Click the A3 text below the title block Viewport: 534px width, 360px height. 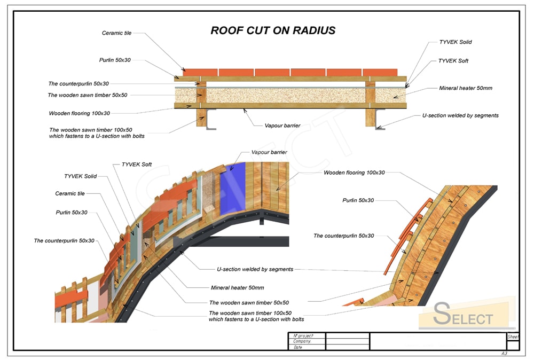pos(504,353)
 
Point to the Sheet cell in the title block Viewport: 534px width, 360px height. pos(513,337)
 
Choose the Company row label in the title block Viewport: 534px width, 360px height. pos(302,341)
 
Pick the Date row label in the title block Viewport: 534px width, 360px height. pos(297,347)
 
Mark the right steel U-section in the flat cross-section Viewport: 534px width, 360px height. pos(379,119)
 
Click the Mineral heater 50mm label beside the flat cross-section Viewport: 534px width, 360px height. pos(465,88)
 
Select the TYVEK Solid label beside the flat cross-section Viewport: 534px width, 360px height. pos(455,42)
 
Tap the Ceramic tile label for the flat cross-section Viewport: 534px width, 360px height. pos(116,33)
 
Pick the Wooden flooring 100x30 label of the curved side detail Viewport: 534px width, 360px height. pos(354,173)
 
